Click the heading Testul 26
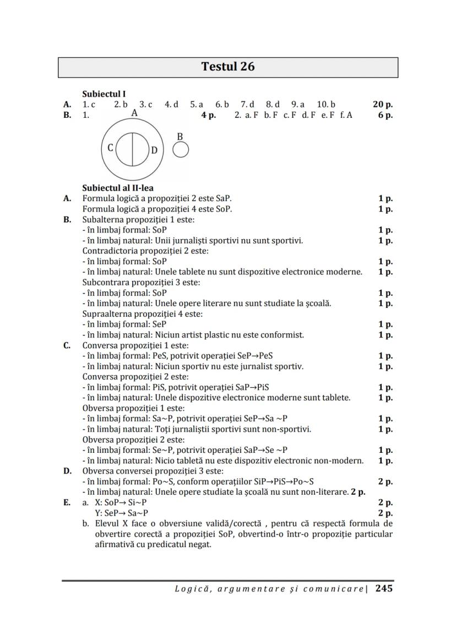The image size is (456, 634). pyautogui.click(x=228, y=67)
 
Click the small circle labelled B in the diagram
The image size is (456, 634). pyautogui.click(x=181, y=149)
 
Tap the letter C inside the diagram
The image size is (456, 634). pyautogui.click(x=111, y=148)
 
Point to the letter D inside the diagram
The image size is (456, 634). pyautogui.click(x=154, y=150)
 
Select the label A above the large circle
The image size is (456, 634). pyautogui.click(x=134, y=113)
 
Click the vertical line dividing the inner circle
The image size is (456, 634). pyautogui.click(x=132, y=149)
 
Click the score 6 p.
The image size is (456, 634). pyautogui.click(x=385, y=115)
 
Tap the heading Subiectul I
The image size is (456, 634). pyautogui.click(x=104, y=94)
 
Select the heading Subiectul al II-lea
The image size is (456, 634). pyautogui.click(x=118, y=188)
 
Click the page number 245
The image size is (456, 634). pyautogui.click(x=384, y=588)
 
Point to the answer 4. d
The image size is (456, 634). pyautogui.click(x=171, y=104)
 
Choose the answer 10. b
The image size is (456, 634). pyautogui.click(x=326, y=104)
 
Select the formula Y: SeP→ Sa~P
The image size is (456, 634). pyautogui.click(x=122, y=513)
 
